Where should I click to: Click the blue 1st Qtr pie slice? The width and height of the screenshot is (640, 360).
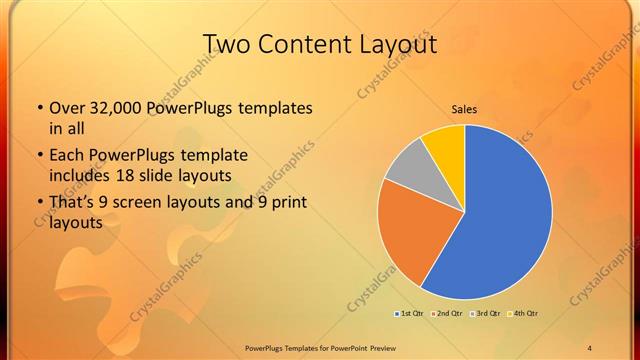pyautogui.click(x=505, y=220)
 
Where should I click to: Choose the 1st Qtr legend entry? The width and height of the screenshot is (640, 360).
pyautogui.click(x=407, y=314)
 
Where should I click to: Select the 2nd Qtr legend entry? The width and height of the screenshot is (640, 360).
pyautogui.click(x=447, y=314)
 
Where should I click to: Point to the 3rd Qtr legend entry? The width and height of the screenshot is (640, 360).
pyautogui.click(x=487, y=314)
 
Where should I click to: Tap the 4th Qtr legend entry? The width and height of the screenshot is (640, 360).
pyautogui.click(x=525, y=314)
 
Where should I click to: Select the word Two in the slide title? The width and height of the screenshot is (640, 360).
pyautogui.click(x=225, y=44)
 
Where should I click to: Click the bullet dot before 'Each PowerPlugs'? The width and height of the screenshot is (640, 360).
pyautogui.click(x=39, y=157)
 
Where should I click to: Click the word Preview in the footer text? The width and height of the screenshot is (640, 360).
pyautogui.click(x=378, y=347)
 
